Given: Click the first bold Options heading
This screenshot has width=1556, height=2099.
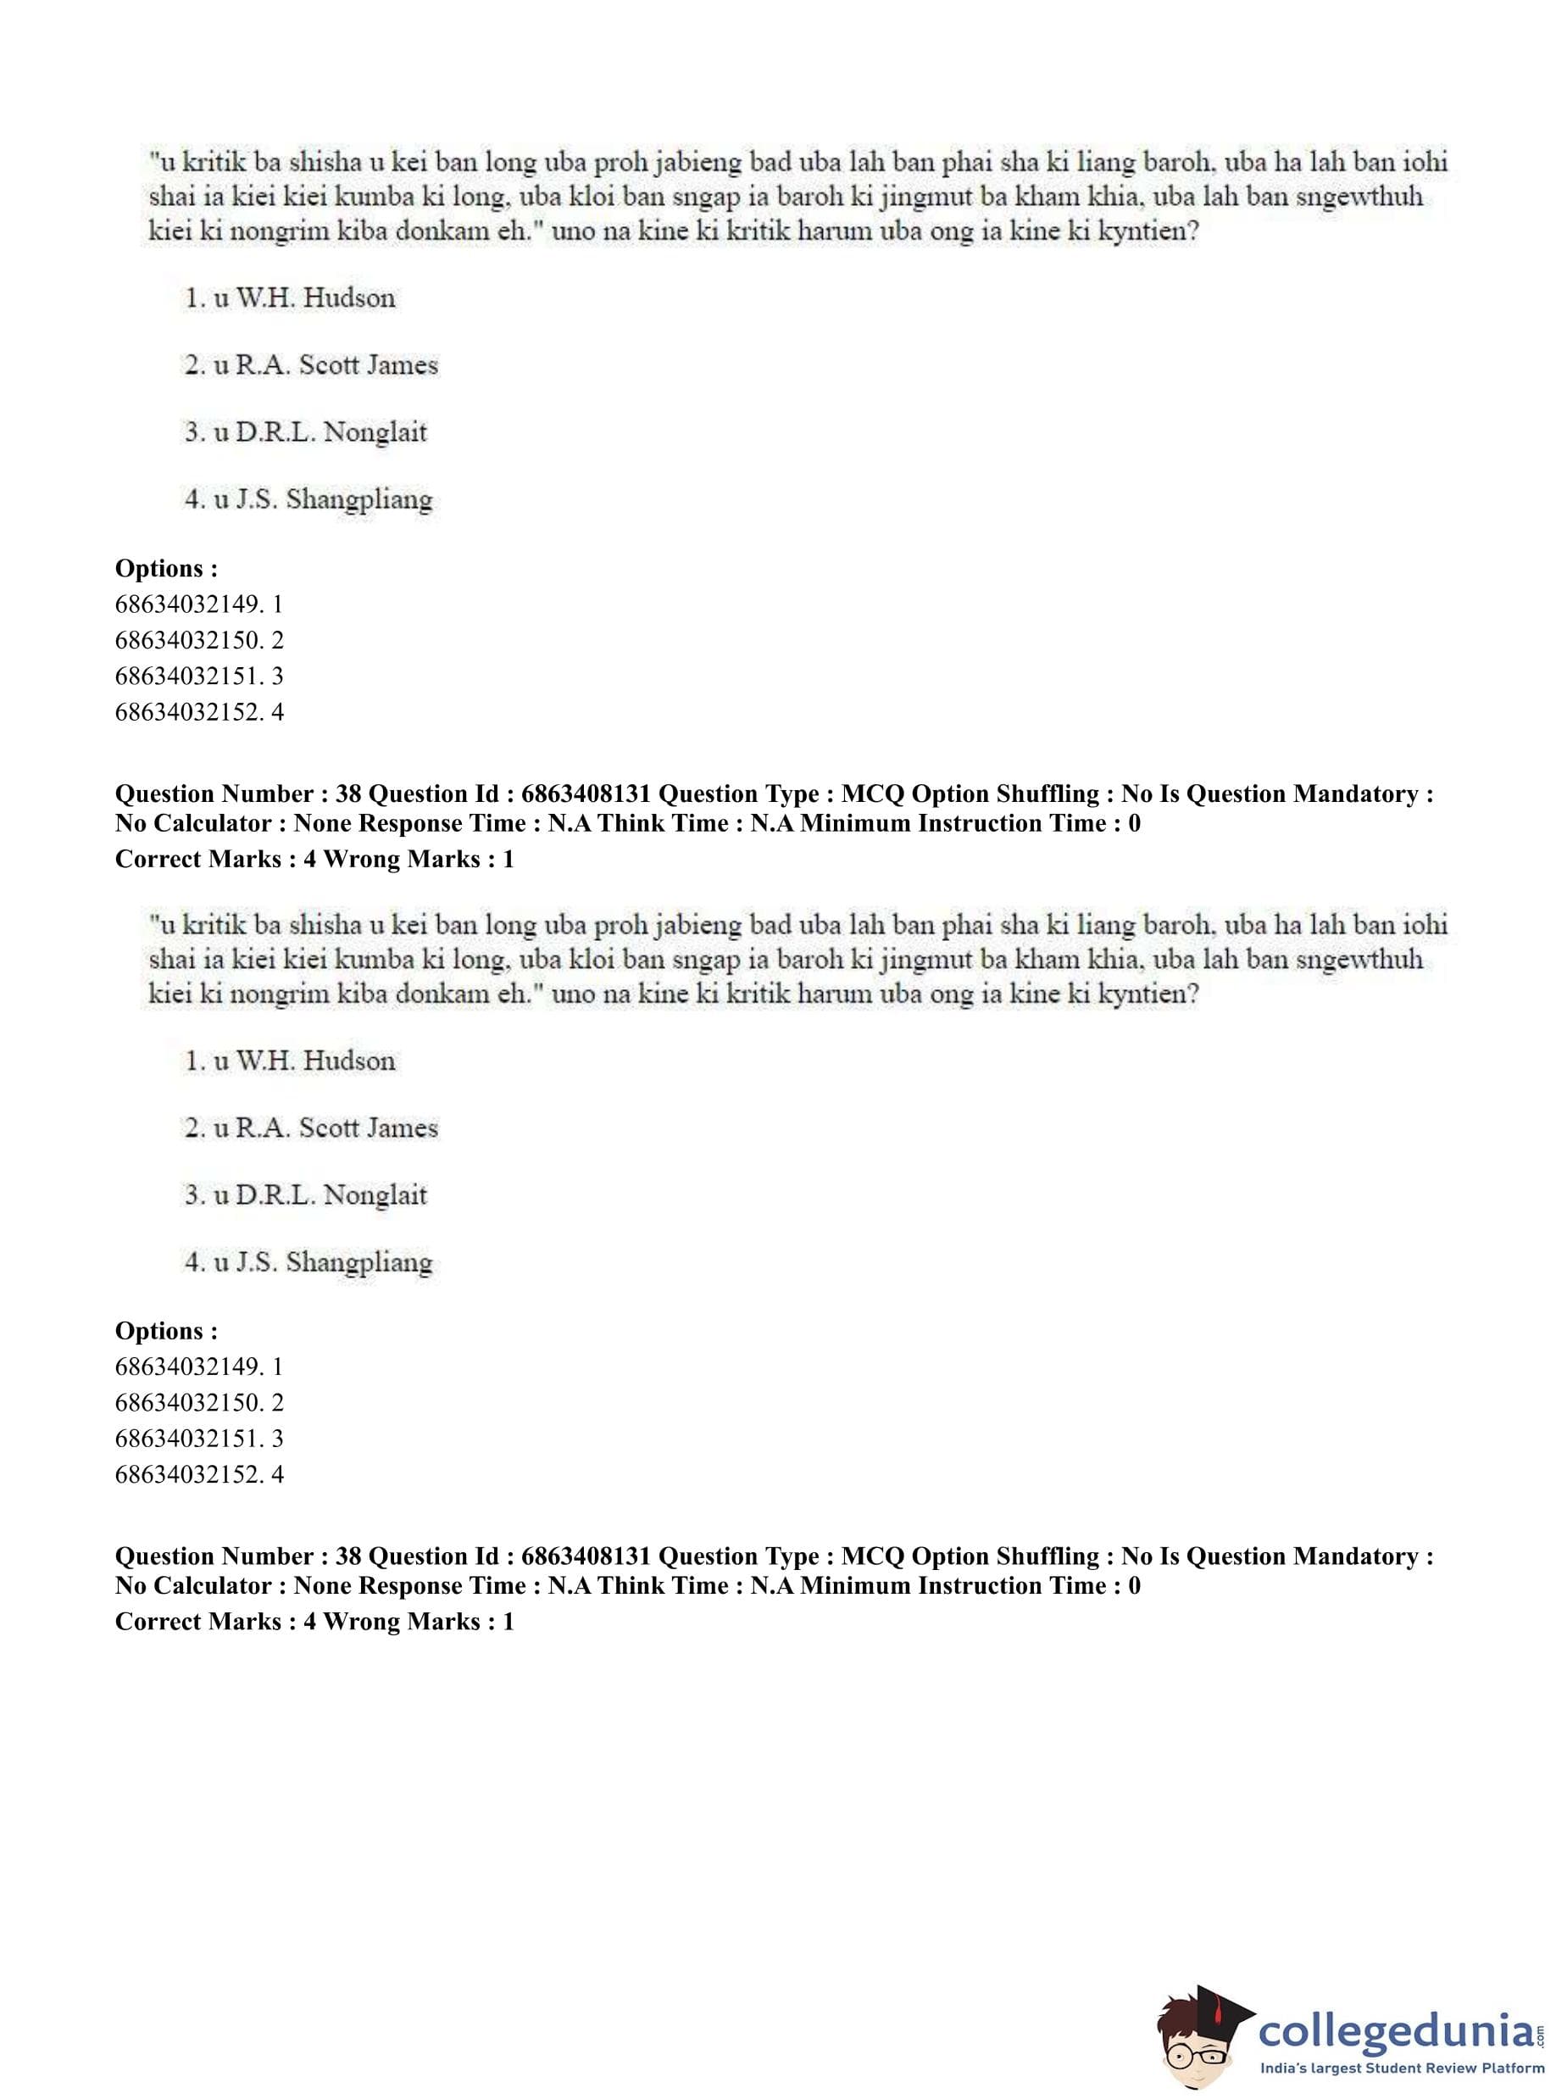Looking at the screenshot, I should tap(166, 569).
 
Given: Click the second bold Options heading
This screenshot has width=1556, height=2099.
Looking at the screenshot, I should tap(166, 1331).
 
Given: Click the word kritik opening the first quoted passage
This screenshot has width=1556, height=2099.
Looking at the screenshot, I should tap(213, 162).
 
